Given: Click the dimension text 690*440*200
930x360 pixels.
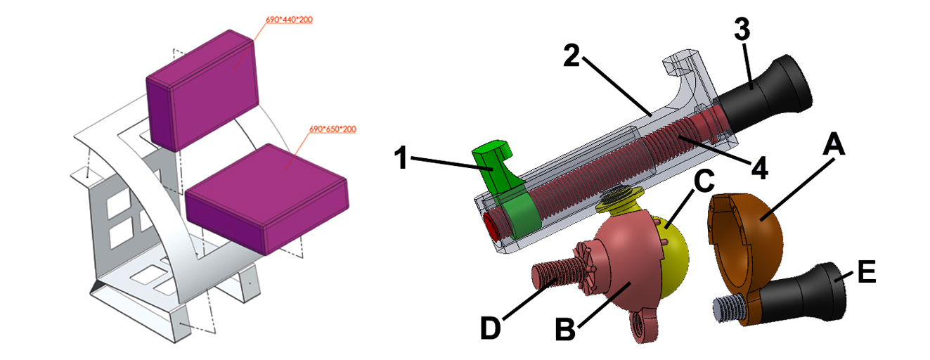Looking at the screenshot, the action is [289, 20].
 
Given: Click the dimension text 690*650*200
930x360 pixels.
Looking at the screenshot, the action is [332, 129].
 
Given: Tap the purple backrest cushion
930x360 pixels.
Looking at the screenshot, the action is [202, 90].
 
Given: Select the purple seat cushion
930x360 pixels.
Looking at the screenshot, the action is [266, 198].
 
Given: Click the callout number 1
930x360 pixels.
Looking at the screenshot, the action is [401, 157].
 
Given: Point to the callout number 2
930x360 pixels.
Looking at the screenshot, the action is [571, 56].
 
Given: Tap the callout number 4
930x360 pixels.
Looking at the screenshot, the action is [760, 168].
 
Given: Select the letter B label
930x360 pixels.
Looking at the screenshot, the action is [565, 329].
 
